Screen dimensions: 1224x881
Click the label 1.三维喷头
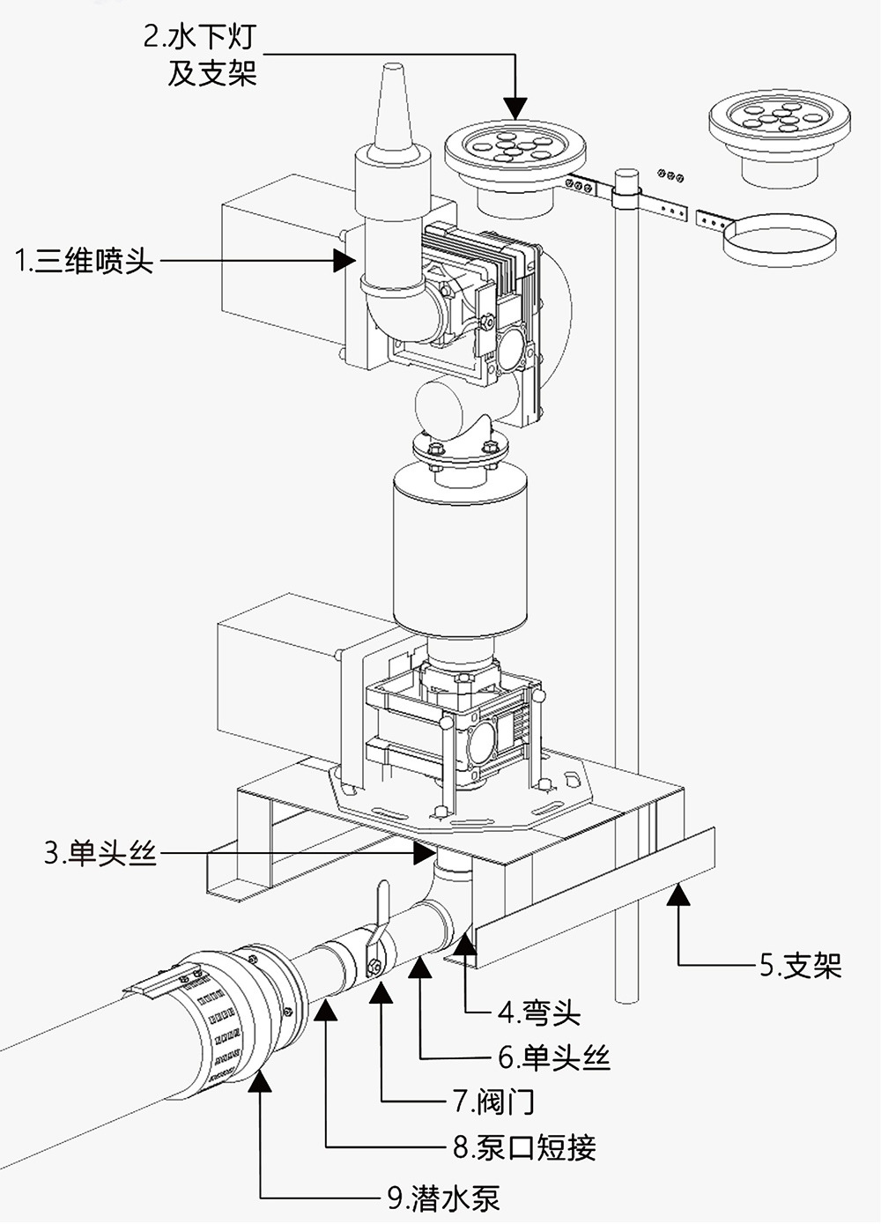[x=85, y=261]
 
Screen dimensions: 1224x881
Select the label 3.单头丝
[x=100, y=853]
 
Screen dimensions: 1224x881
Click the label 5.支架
[x=800, y=966]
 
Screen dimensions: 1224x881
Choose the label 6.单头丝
[x=554, y=1057]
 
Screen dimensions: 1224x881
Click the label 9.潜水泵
[x=444, y=1197]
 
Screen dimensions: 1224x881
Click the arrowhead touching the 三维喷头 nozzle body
[x=345, y=260]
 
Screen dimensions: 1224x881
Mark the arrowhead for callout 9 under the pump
[x=261, y=1082]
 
